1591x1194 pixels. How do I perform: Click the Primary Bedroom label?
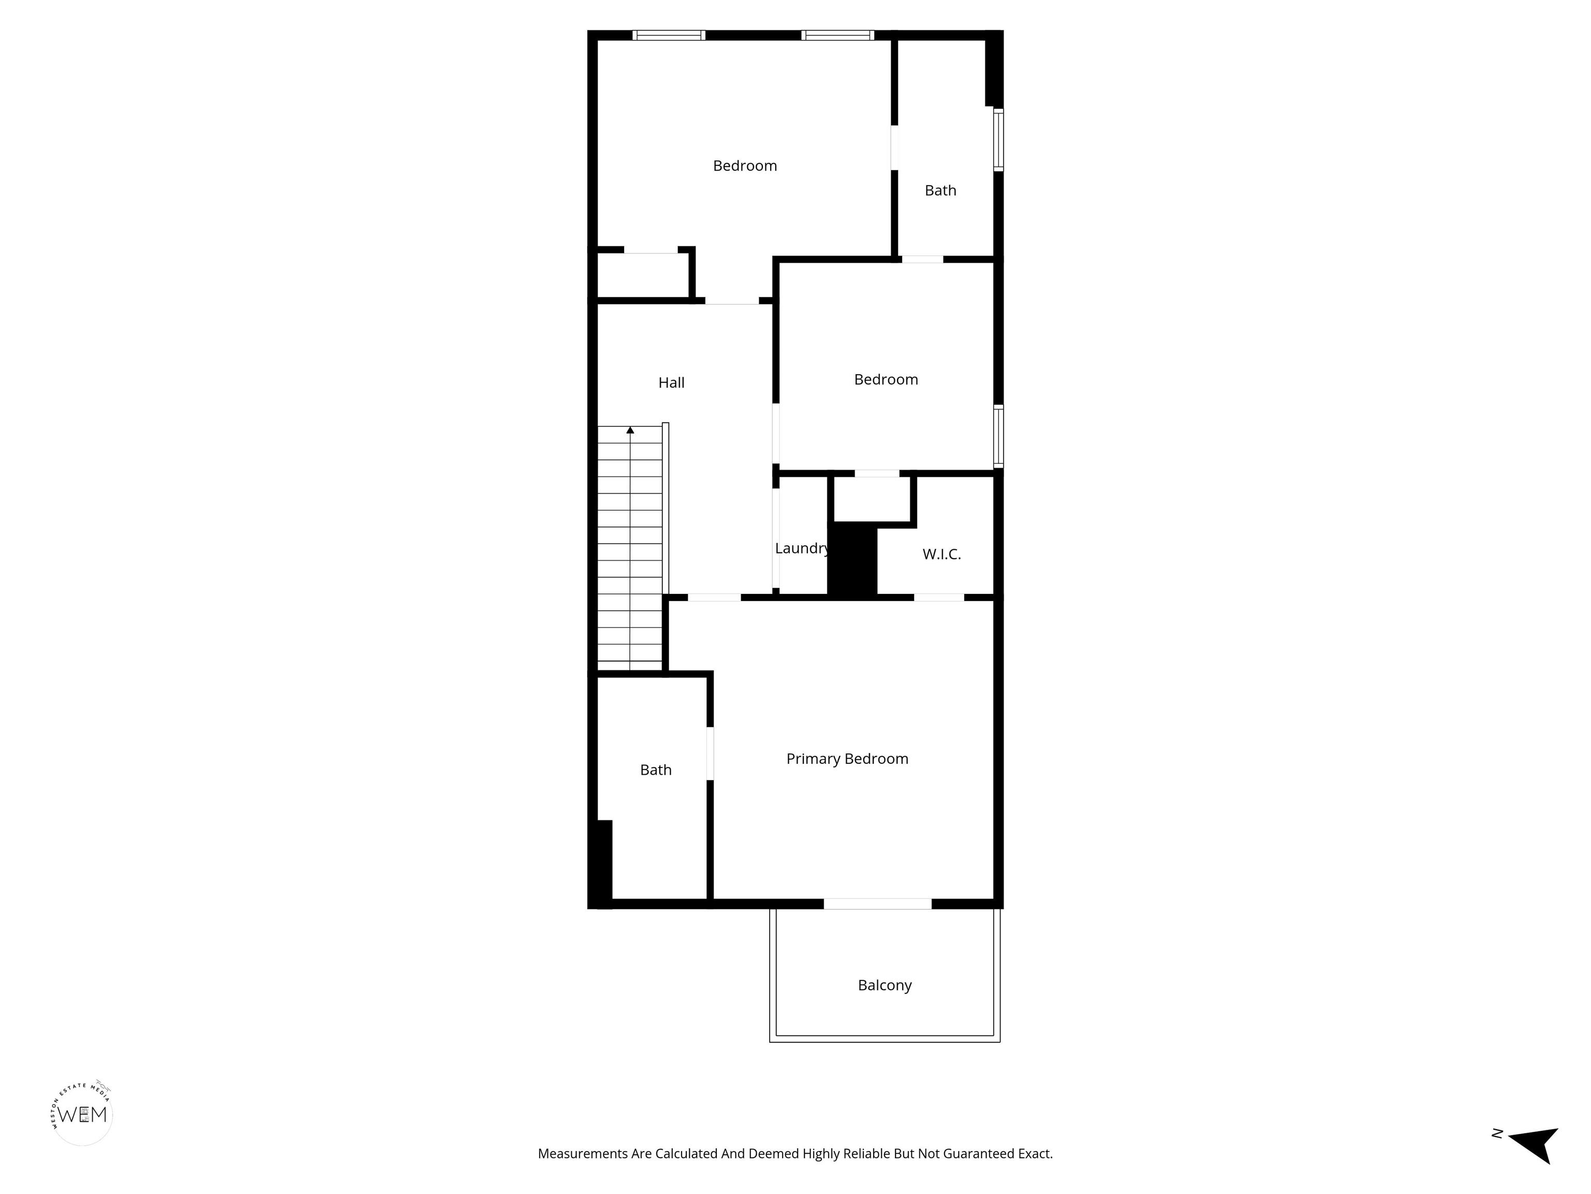(x=847, y=759)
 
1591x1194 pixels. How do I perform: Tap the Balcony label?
(x=885, y=985)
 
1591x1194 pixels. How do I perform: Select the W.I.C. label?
(x=942, y=554)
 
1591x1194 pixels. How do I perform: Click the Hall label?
(x=671, y=383)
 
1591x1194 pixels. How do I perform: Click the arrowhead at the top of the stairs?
(x=630, y=430)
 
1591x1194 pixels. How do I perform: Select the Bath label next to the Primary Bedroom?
(x=656, y=770)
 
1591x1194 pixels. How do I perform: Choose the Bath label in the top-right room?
(x=940, y=191)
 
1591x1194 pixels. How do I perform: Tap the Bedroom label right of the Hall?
(x=886, y=380)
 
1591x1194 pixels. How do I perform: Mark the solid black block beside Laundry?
(x=852, y=559)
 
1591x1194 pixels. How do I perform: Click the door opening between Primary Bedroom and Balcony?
(x=877, y=904)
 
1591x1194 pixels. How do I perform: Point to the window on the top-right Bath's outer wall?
(x=999, y=139)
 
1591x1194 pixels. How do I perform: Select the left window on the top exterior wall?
(x=669, y=35)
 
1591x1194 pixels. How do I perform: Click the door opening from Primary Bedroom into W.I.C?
(x=938, y=598)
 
